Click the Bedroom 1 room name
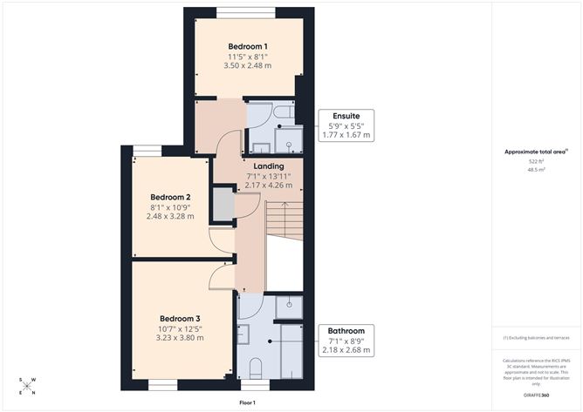(248, 46)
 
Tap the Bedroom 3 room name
(180, 319)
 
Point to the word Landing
(268, 166)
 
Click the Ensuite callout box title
(346, 116)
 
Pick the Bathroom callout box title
(346, 331)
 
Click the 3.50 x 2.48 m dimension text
(248, 66)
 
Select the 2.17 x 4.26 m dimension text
(268, 186)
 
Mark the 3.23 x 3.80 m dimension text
(180, 338)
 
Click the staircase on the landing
(284, 218)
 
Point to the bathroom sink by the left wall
(243, 331)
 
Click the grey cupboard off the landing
(224, 206)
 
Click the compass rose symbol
(28, 387)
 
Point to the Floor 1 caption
(247, 403)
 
